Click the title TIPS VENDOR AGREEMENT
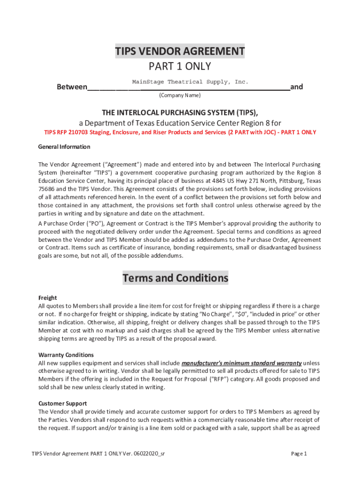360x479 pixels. pos(180,51)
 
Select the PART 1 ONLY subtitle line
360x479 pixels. pos(180,66)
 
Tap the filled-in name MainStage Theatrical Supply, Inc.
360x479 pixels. pos(190,82)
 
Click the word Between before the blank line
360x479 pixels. pos(72,87)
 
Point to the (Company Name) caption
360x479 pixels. pos(180,95)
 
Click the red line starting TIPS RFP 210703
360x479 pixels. pos(180,132)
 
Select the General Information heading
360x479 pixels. pos(64,147)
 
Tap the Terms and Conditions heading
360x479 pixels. pos(175,278)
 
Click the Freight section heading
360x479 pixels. pos(47,298)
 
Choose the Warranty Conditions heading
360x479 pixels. pos(66,355)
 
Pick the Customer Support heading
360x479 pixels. pos(62,403)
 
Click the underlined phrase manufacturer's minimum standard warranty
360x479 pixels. pos(241,363)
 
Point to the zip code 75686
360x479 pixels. pos(47,189)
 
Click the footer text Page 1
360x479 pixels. pos(299,454)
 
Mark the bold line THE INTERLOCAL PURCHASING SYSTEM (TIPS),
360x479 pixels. pos(180,113)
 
